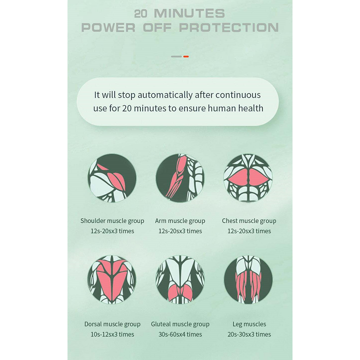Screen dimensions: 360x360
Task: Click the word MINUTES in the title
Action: tap(189, 13)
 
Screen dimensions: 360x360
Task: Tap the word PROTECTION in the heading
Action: tap(229, 27)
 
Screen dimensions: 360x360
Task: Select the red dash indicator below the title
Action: tap(186, 57)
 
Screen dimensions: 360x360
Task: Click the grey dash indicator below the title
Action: tap(176, 57)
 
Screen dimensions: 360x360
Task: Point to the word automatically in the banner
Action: tap(165, 95)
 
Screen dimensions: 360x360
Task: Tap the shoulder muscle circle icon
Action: tap(112, 178)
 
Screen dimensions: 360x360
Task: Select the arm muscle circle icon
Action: tap(180, 178)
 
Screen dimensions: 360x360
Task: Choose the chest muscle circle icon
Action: tap(248, 178)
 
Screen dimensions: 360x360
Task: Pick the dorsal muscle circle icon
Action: tap(112, 279)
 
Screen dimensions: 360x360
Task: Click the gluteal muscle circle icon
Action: tap(180, 279)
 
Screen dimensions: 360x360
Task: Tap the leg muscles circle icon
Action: tap(248, 279)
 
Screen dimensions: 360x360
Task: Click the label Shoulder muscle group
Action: tap(112, 221)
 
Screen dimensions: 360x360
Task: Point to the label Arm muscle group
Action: tap(180, 221)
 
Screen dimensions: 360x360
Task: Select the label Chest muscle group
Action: tap(249, 221)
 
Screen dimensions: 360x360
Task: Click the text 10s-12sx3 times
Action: tap(112, 334)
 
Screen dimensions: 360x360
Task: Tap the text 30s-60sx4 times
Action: tap(180, 334)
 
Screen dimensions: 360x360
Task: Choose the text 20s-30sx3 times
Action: tap(249, 334)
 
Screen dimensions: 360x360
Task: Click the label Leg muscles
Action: tap(249, 324)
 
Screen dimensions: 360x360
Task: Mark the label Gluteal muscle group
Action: tap(180, 324)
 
